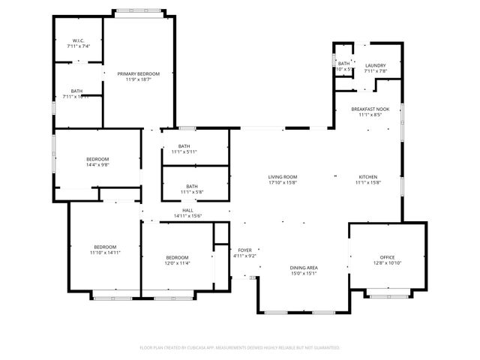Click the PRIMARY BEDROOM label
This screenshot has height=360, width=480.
click(139, 73)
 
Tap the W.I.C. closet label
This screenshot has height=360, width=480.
click(78, 40)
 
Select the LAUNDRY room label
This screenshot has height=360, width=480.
click(376, 66)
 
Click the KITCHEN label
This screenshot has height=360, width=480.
click(369, 177)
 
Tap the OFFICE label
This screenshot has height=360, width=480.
click(387, 256)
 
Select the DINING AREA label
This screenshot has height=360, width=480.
click(304, 268)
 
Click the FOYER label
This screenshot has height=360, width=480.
click(245, 250)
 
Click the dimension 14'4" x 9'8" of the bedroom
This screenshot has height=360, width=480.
click(97, 164)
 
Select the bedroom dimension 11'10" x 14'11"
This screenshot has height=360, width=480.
click(105, 253)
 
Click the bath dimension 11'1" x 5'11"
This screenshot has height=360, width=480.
click(184, 151)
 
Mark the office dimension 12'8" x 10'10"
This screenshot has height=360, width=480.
click(387, 262)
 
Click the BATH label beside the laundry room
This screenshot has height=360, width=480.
click(343, 64)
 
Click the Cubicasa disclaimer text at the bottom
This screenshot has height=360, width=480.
click(240, 348)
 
